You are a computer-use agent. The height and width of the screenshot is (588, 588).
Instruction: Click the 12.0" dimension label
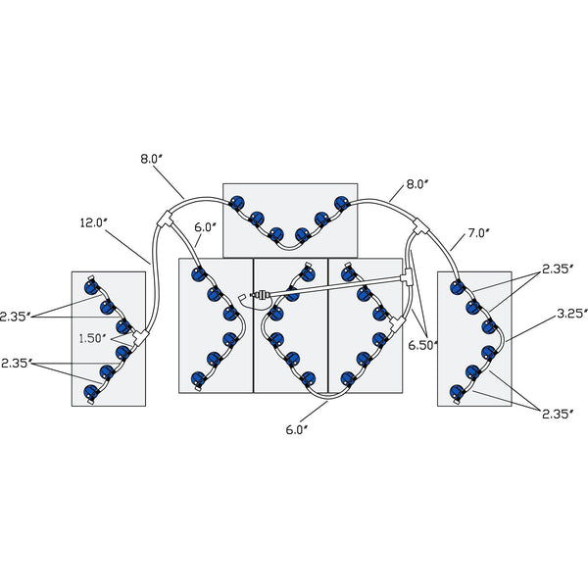[93, 223]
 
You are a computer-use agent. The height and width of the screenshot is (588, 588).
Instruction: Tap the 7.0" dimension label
[477, 233]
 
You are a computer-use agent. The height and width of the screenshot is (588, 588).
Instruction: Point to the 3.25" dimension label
[570, 314]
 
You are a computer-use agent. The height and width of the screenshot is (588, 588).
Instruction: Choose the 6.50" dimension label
[423, 345]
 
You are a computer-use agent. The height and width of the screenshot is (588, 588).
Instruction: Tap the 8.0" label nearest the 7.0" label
[416, 183]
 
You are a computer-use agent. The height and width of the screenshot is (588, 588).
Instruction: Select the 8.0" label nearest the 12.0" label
[153, 157]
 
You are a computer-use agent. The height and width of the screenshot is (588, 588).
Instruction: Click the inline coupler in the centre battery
[260, 294]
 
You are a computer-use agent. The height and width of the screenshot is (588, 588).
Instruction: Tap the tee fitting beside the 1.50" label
[139, 336]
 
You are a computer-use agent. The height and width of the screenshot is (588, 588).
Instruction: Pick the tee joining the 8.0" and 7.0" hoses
[419, 226]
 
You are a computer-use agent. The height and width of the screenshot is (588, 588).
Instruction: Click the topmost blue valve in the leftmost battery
[92, 286]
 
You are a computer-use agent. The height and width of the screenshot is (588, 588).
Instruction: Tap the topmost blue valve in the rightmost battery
[456, 287]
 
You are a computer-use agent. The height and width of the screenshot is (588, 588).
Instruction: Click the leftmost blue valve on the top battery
[236, 204]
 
